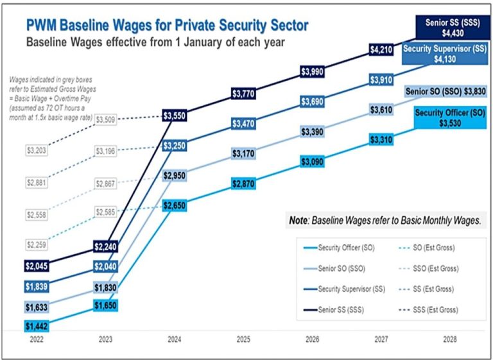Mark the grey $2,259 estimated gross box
pos(37,244)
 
